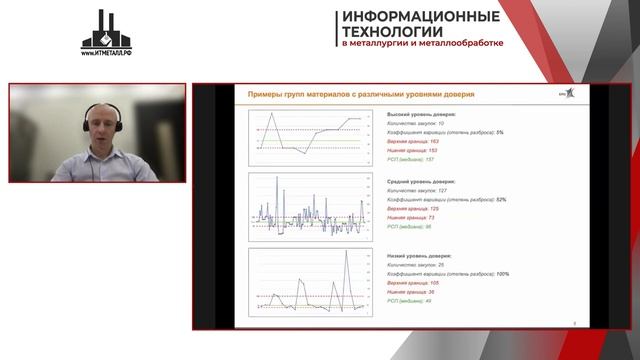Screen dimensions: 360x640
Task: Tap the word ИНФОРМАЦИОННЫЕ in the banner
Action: [x=421, y=16]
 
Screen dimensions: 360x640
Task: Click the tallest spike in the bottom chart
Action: [x=347, y=252]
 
